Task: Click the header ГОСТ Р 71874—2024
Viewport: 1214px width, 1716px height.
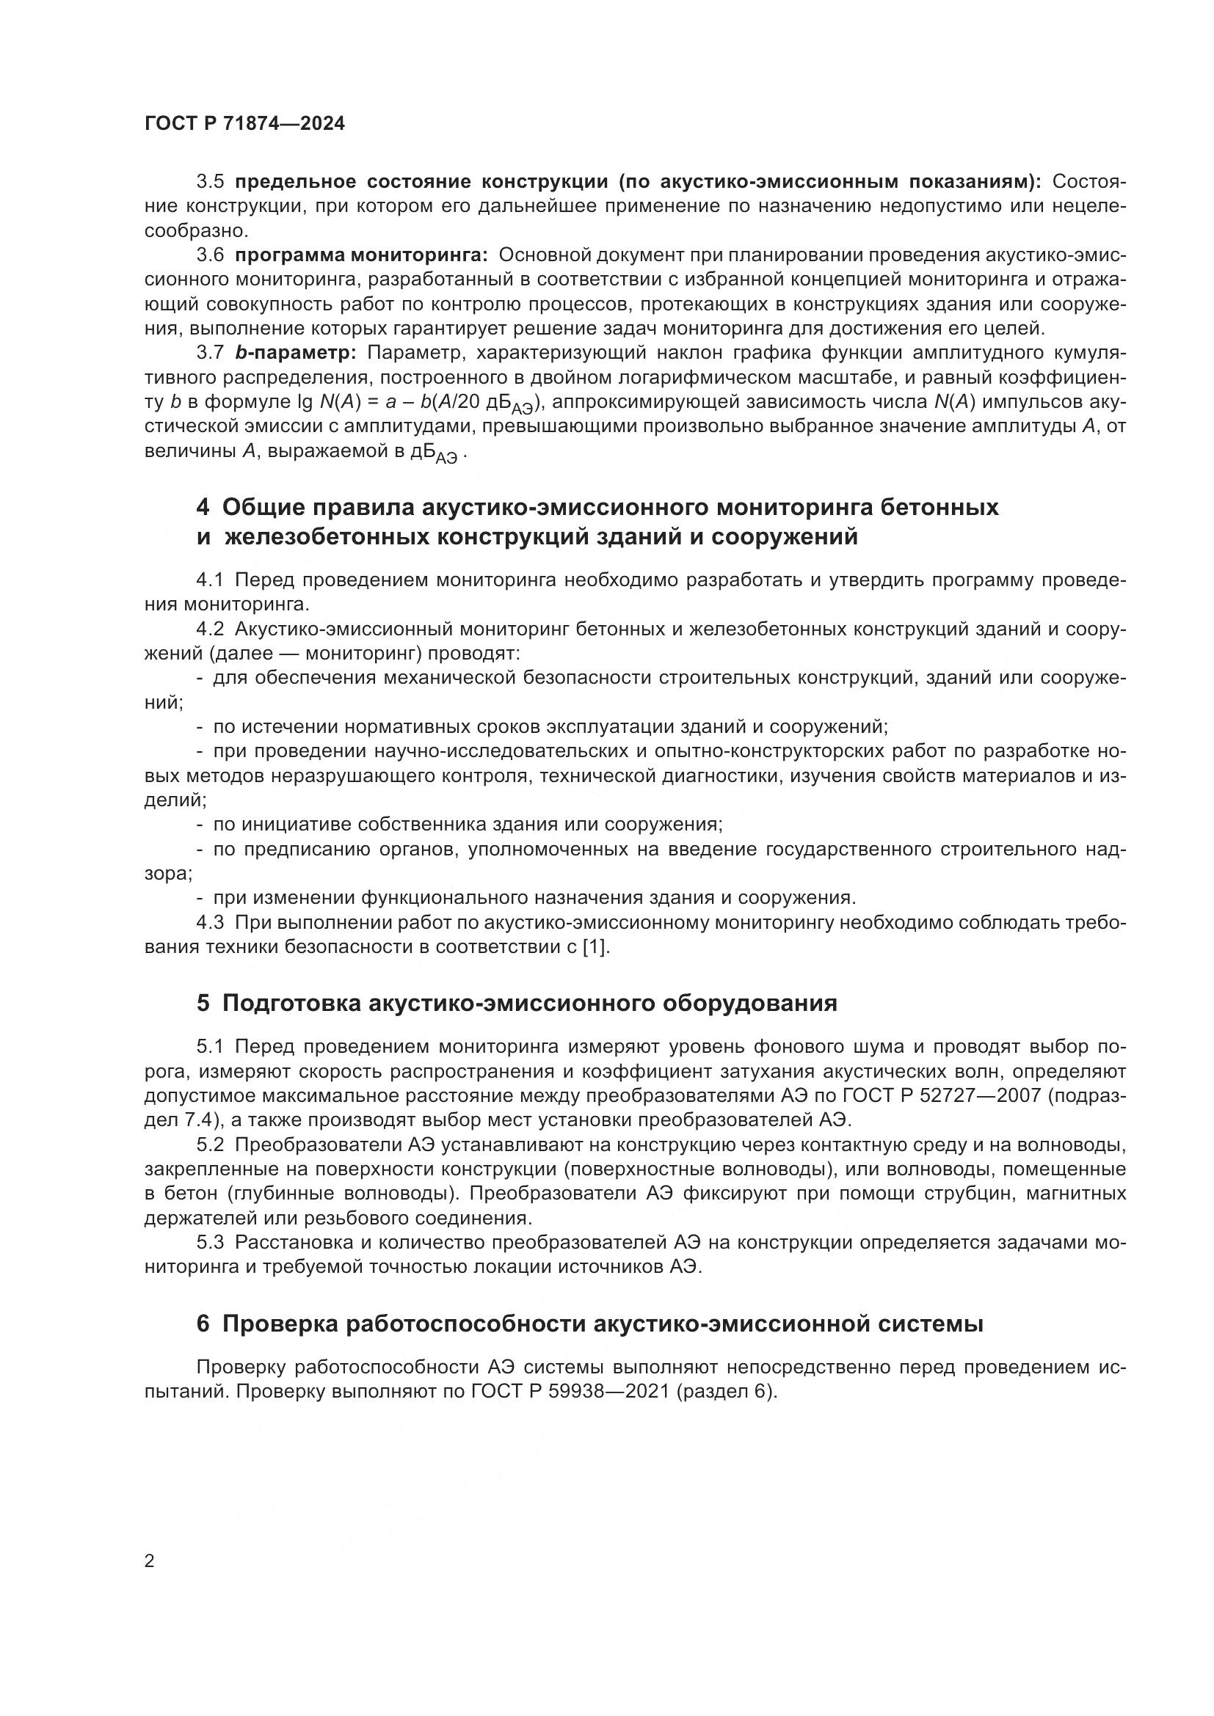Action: pos(245,124)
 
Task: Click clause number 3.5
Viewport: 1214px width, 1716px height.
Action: pos(210,182)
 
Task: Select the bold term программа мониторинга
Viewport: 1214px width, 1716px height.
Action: pos(361,255)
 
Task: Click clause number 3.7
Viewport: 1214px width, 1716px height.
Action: pos(210,353)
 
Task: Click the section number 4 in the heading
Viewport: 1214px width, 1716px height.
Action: pos(203,508)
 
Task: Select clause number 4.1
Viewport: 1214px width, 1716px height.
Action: pos(210,580)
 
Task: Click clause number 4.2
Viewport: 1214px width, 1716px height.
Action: pos(210,629)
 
